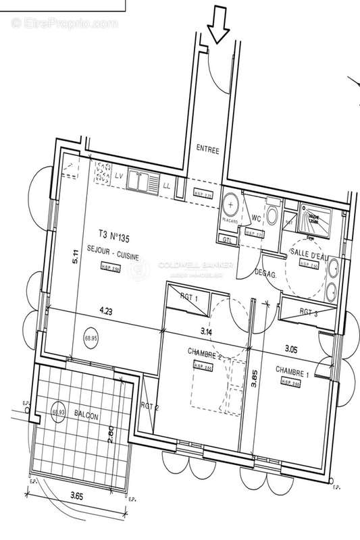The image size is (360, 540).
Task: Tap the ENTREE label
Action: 207,151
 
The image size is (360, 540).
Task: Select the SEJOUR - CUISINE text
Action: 112,250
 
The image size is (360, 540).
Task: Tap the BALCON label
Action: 86,417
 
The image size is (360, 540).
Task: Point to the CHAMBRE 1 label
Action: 292,370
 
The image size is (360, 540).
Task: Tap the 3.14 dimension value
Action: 205,332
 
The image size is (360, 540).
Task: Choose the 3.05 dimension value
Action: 292,349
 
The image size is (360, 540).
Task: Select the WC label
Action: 256,217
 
